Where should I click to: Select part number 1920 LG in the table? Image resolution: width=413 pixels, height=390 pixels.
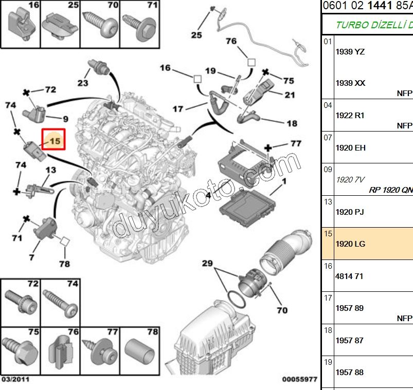(x=350, y=244)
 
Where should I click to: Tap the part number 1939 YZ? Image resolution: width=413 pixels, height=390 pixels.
(x=350, y=51)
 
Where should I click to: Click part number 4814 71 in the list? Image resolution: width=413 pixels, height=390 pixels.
(x=349, y=276)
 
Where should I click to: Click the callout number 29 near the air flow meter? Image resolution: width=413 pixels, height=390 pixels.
(x=207, y=263)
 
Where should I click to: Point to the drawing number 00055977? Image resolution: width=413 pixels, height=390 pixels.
(x=299, y=379)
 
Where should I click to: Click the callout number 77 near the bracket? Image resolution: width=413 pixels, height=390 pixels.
(x=295, y=143)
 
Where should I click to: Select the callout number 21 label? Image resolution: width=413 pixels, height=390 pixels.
(x=290, y=94)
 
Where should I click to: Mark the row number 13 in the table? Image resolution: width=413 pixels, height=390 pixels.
(x=328, y=201)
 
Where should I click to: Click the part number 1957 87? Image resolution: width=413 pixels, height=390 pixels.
(x=349, y=340)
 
